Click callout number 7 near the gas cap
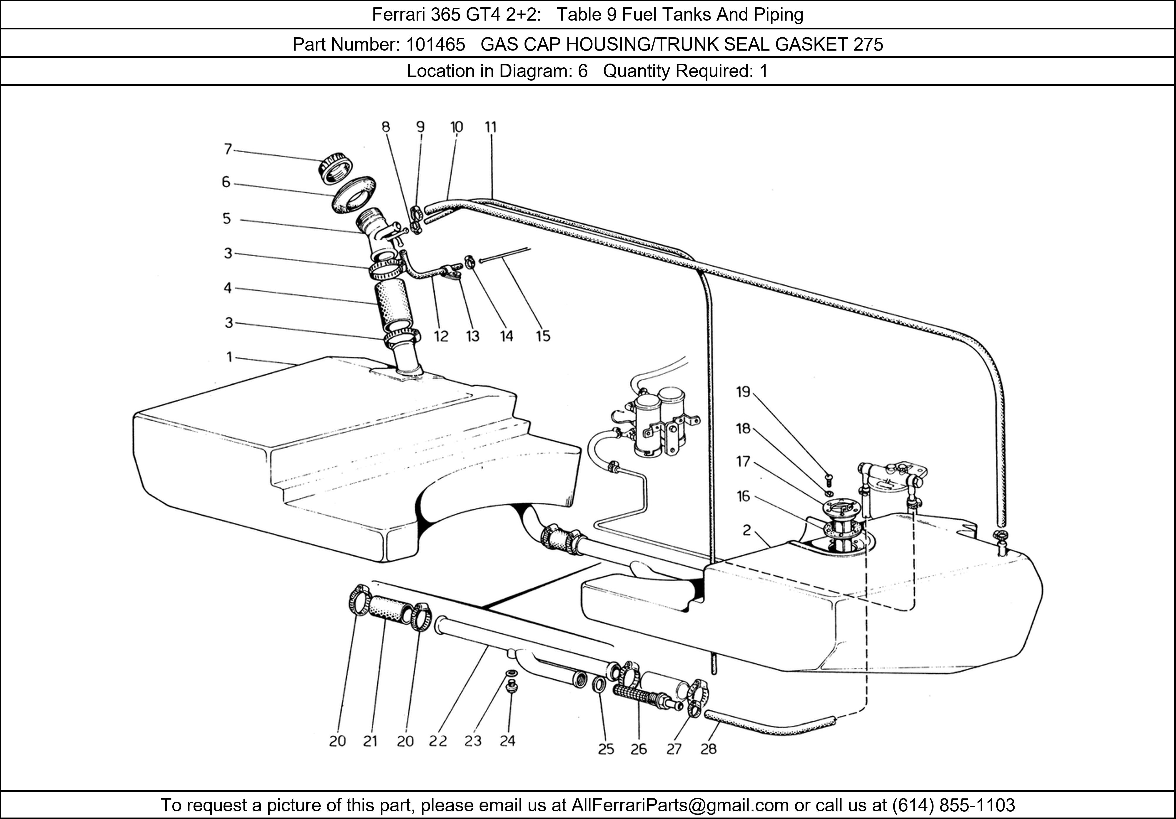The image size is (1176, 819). pos(228,149)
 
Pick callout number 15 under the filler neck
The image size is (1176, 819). pos(543,336)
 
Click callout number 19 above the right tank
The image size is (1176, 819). pos(743,392)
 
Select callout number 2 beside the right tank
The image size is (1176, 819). pos(747,530)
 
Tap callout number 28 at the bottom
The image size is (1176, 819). pos(708,749)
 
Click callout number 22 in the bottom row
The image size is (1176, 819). pos(438,741)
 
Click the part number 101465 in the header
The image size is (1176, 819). pos(435,45)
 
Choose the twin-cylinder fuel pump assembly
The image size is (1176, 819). pos(658,423)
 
